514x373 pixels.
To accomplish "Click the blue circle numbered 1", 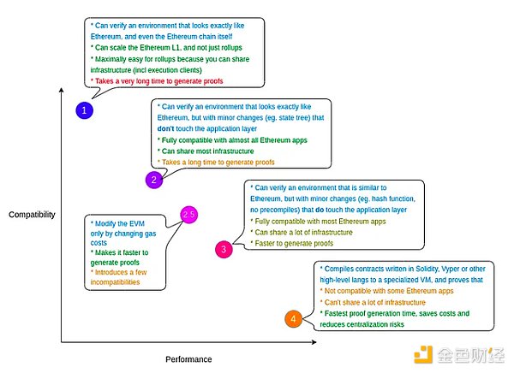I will [85, 110].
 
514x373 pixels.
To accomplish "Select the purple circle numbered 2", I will [153, 180].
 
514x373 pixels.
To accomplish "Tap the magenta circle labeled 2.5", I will [189, 215].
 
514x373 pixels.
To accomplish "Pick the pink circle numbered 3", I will [223, 249].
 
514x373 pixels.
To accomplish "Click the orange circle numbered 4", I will [293, 319].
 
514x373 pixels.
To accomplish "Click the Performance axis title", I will [188, 359].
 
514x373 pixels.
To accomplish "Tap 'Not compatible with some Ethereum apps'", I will [387, 291].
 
